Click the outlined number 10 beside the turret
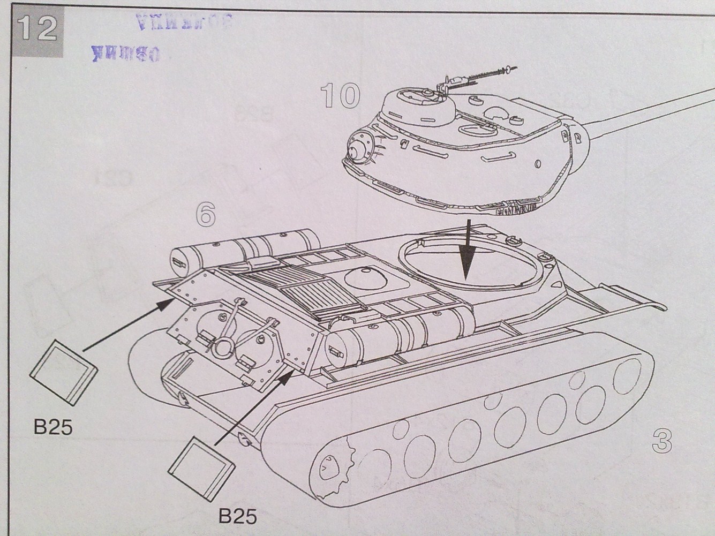click(341, 95)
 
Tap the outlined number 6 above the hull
click(206, 215)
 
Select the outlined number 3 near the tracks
click(662, 441)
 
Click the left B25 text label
click(52, 427)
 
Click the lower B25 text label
click(238, 515)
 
